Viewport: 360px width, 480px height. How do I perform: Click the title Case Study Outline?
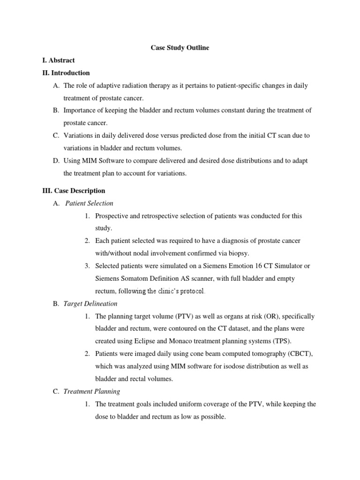(180, 48)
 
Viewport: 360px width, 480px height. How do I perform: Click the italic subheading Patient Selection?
(89, 203)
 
